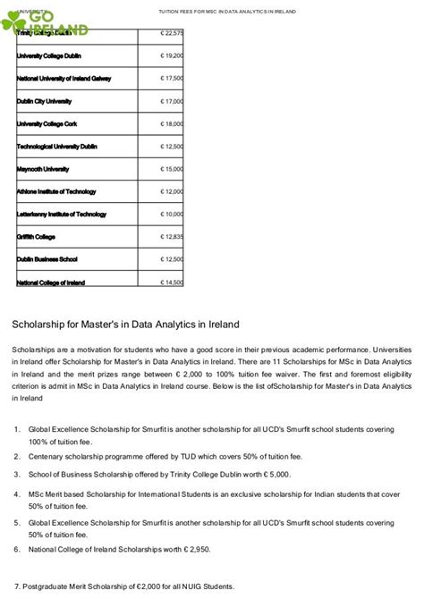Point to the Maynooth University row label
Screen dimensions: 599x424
43,169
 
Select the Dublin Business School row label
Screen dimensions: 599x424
47,259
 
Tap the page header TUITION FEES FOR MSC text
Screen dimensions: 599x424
226,12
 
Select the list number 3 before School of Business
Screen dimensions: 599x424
18,474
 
